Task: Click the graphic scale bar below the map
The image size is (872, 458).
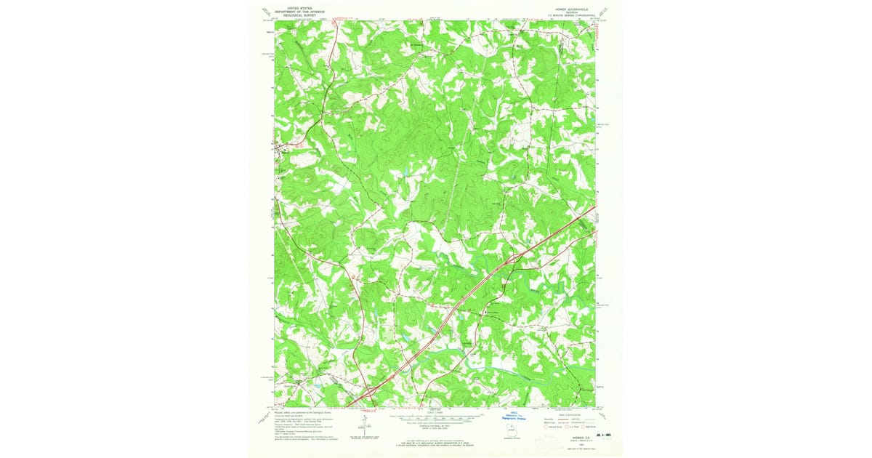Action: (436, 418)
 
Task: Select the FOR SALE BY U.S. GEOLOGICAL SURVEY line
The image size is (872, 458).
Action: (436, 442)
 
